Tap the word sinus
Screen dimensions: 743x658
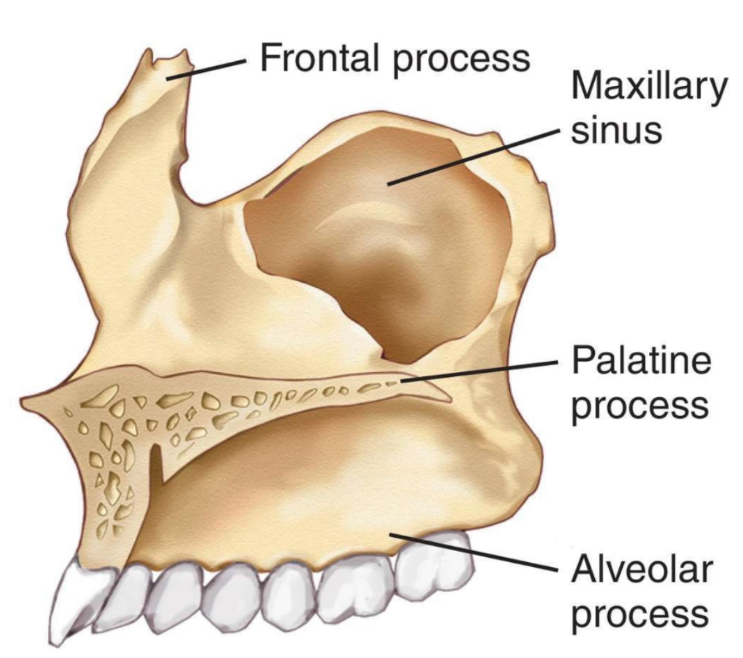click(x=617, y=131)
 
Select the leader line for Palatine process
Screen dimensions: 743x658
click(x=479, y=371)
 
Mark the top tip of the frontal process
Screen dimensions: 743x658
click(x=149, y=53)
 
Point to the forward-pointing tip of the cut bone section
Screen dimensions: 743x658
click(x=25, y=400)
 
